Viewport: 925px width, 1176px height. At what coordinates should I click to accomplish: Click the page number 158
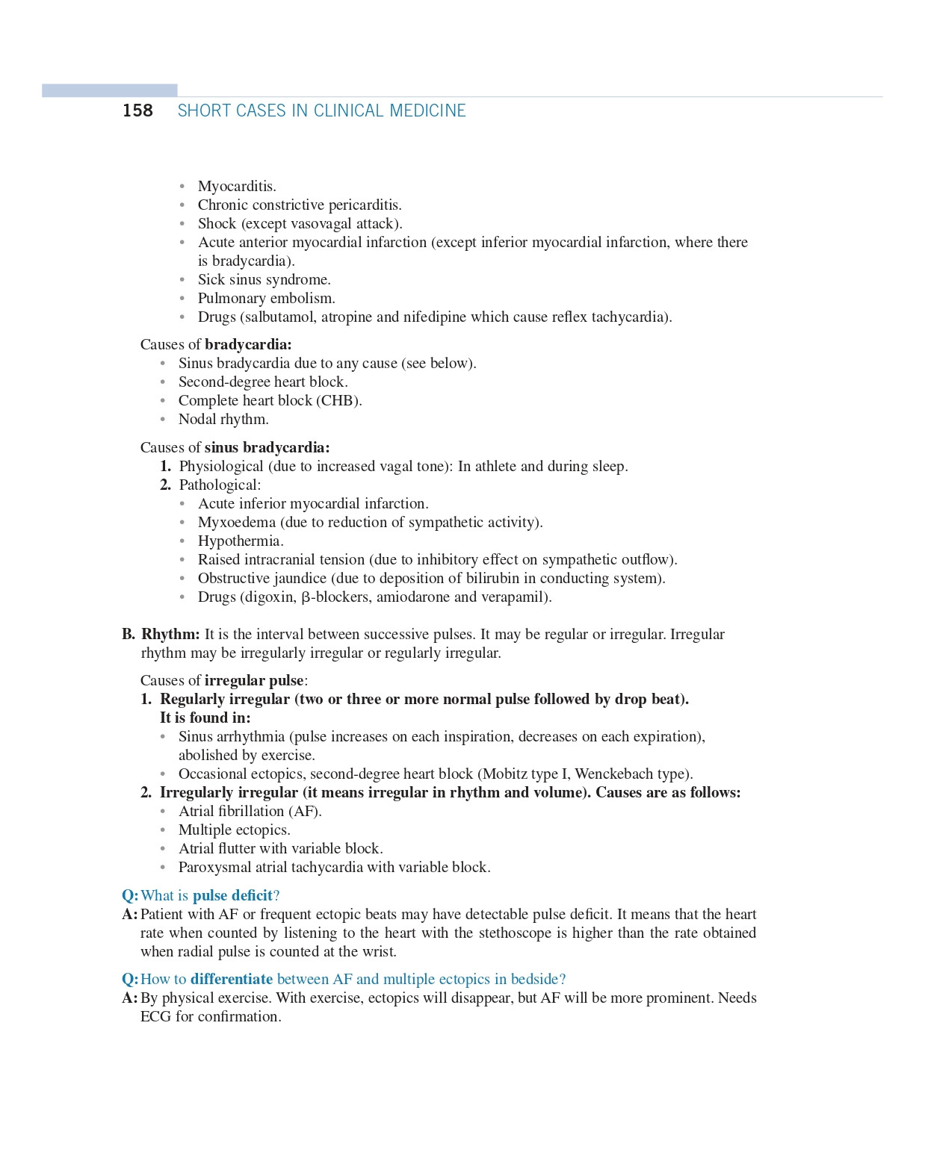(x=137, y=111)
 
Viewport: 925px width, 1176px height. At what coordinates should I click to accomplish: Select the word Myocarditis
(x=236, y=186)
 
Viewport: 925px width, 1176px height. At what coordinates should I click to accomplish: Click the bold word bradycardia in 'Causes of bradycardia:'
(x=248, y=344)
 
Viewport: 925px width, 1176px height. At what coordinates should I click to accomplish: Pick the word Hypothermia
(x=240, y=541)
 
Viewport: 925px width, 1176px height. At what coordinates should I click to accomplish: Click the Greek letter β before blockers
(x=306, y=597)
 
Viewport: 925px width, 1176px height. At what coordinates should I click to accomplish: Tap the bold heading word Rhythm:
(x=170, y=634)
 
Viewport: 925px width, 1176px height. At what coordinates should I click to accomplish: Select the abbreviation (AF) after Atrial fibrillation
(x=305, y=811)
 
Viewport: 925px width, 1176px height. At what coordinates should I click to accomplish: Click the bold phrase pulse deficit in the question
(x=232, y=895)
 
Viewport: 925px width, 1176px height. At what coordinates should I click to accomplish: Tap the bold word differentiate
(x=232, y=979)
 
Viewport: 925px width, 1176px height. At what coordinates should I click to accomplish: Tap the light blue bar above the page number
(x=110, y=90)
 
